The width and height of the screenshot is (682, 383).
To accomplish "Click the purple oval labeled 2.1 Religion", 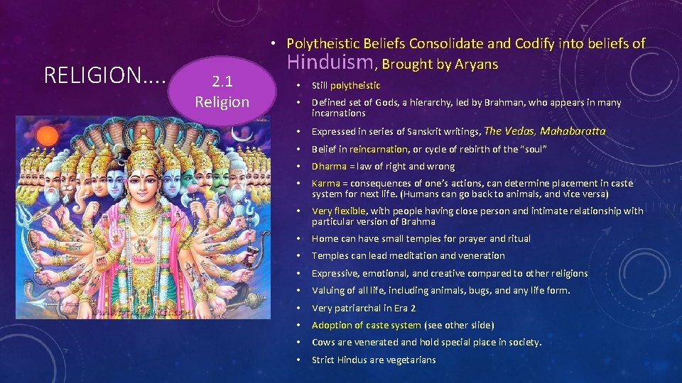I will point(222,92).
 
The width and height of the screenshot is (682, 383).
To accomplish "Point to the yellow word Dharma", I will point(329,166).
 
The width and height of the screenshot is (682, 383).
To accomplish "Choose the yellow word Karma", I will point(326,183).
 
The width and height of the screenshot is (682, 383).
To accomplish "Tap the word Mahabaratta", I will point(573,131).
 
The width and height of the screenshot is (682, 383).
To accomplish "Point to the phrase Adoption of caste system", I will point(366,325).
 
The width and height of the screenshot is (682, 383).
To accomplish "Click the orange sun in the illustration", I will point(48,137).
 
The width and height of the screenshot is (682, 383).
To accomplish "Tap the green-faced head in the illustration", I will point(221,179).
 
